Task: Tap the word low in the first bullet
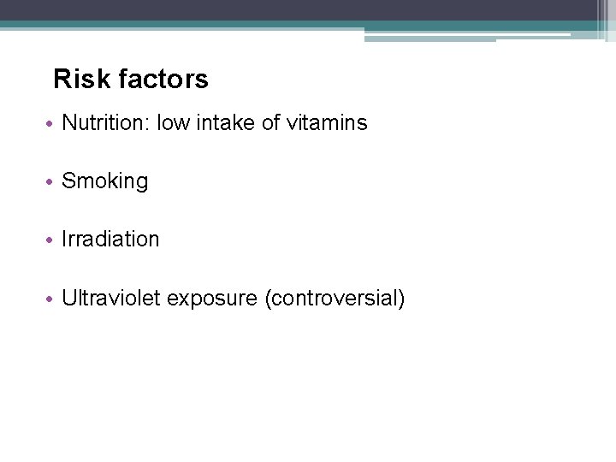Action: tap(174, 123)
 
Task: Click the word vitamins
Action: tap(327, 123)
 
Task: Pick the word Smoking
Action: tap(105, 181)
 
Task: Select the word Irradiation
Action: tap(110, 240)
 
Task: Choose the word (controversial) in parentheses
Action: tap(335, 299)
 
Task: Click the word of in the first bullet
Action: tap(270, 123)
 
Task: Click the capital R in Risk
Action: tap(62, 80)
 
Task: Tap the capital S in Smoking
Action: tap(68, 181)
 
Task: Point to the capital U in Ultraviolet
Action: tap(69, 299)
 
